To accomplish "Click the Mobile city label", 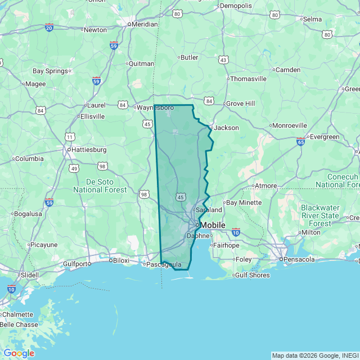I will (213, 225).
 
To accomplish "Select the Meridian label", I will (145, 24).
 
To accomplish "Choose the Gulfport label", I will (76, 263).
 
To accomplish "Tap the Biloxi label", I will (121, 260).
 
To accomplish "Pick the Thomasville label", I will (248, 79).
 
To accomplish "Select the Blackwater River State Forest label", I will (320, 215).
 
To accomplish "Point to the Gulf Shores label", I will (253, 275).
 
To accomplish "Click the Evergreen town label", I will (325, 137).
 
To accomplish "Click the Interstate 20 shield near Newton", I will (49, 27).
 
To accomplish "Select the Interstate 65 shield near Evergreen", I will (301, 142).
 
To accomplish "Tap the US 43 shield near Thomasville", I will (224, 60).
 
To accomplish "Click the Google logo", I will (19, 353).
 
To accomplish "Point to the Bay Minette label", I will (244, 202).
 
